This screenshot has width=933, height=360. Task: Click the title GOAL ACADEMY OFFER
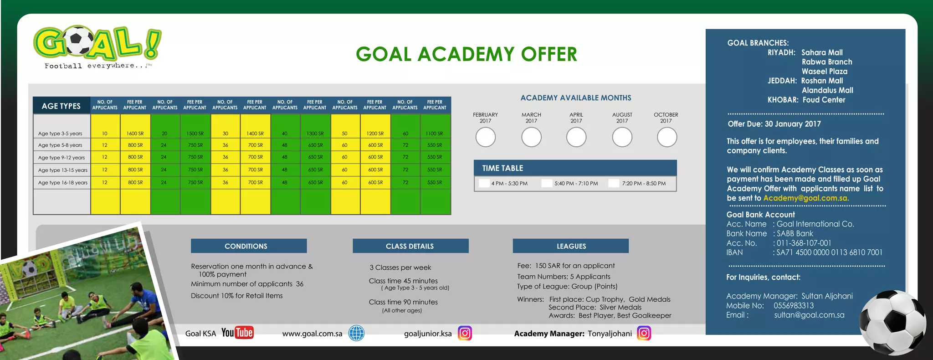[x=466, y=54]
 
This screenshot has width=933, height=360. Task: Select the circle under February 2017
[x=485, y=137]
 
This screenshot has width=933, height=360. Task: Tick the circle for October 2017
[x=666, y=137]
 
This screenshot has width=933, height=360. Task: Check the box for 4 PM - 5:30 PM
[x=484, y=183]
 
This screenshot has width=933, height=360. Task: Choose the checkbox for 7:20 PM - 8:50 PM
[x=614, y=183]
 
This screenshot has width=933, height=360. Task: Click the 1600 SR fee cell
[x=135, y=134]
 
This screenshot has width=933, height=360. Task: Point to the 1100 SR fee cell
[x=434, y=134]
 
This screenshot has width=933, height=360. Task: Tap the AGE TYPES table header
[x=61, y=106]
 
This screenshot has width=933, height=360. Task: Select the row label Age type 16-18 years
[x=63, y=182]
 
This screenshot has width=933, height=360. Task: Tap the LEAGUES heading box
[x=570, y=246]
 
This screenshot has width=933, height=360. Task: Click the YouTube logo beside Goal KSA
[x=237, y=333]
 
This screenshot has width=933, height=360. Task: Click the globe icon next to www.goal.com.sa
[x=356, y=333]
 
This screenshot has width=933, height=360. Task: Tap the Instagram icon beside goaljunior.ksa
[x=465, y=333]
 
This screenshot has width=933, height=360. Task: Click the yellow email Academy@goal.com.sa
[x=805, y=198]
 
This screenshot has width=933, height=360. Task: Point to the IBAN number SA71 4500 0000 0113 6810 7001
[x=829, y=252]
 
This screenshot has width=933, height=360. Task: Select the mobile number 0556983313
[x=794, y=306]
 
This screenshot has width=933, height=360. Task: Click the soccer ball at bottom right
[x=892, y=322]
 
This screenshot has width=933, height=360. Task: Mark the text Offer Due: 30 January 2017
[x=774, y=124]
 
